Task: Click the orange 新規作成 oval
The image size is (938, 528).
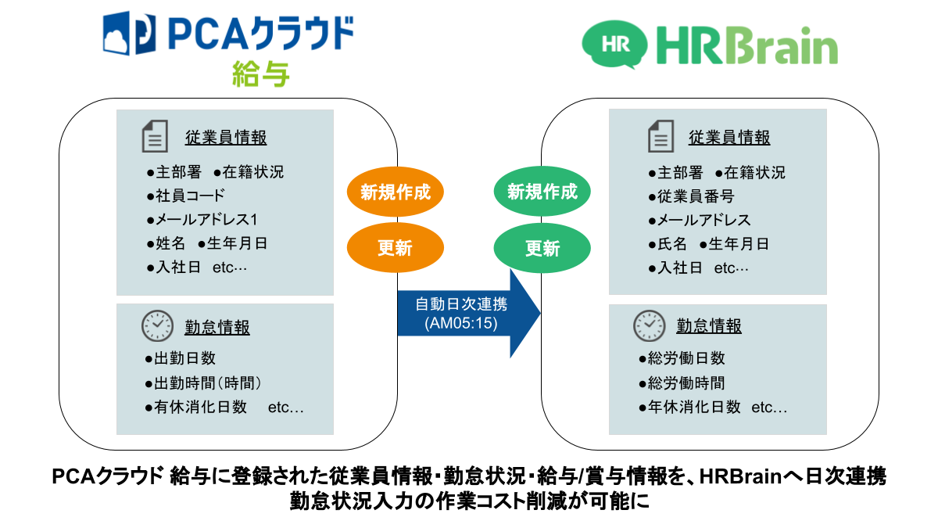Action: [x=396, y=192]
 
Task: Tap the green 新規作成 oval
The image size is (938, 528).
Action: [x=542, y=192]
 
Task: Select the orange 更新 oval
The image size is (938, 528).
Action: [x=396, y=249]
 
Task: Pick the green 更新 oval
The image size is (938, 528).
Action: [x=542, y=249]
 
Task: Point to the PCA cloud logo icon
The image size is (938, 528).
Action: [x=125, y=33]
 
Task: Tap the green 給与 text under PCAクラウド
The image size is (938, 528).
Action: [x=261, y=75]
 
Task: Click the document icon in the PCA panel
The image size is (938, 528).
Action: [x=154, y=136]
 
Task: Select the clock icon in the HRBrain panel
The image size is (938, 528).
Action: [x=648, y=325]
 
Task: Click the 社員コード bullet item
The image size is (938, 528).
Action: [x=186, y=196]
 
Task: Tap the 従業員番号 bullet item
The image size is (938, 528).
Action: [x=691, y=196]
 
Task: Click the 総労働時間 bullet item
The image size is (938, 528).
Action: [x=682, y=383]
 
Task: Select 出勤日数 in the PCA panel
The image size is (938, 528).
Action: [x=181, y=358]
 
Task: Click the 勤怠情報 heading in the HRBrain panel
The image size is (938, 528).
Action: [x=709, y=325]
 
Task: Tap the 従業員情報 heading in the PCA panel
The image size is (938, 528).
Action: [x=226, y=138]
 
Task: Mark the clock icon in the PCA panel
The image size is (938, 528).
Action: [x=157, y=325]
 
